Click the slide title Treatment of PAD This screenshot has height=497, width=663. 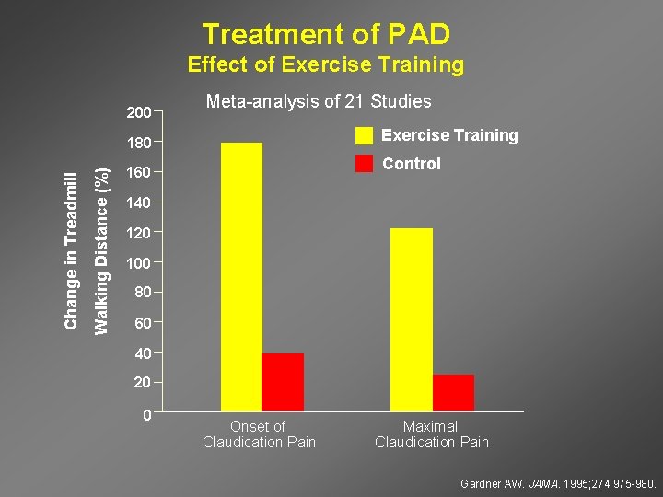326,34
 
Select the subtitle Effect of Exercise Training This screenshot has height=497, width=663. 325,65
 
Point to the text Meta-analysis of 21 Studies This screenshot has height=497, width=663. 318,101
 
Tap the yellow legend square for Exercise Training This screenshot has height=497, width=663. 365,135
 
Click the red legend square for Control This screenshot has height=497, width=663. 365,164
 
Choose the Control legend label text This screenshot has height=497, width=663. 411,164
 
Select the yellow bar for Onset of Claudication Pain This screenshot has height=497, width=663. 241,276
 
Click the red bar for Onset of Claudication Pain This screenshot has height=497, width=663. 283,382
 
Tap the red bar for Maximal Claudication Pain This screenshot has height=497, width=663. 453,392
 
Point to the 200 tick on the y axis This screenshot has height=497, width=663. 139,113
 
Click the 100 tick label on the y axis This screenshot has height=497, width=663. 139,263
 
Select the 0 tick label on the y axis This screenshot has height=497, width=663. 147,415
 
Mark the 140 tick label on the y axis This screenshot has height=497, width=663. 139,202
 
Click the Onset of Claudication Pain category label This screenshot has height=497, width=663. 259,434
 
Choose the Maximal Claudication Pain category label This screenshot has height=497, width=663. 431,434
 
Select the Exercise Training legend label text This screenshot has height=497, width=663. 449,135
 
